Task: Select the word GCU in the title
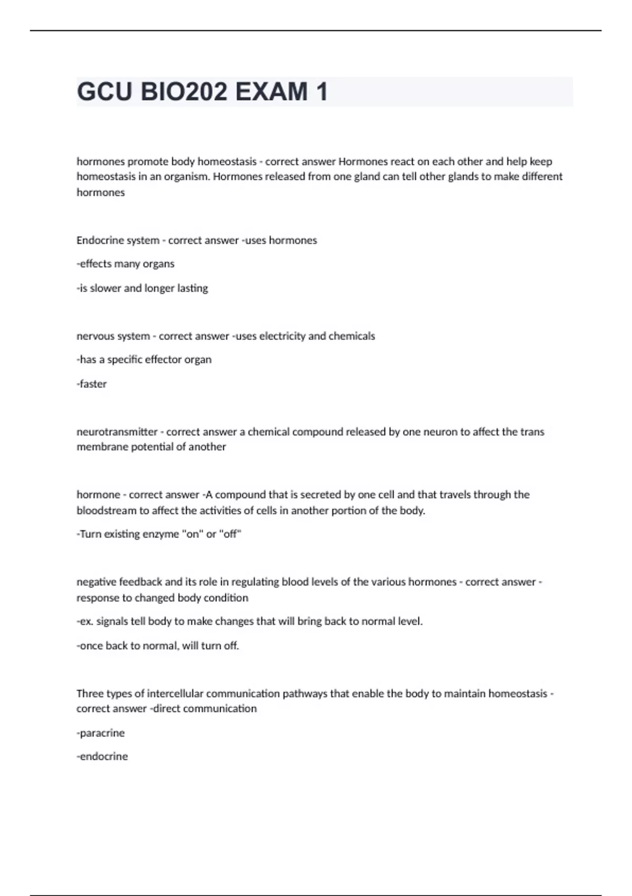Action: coord(104,92)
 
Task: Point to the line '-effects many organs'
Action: coord(125,264)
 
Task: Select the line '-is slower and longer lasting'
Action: coord(142,288)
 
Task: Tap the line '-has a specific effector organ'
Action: coord(144,359)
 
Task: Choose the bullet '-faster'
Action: coord(92,384)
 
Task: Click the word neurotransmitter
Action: coord(117,432)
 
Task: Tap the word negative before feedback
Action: coord(96,582)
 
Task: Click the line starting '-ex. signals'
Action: coord(249,621)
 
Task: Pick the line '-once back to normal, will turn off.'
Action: coord(157,645)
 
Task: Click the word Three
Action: coord(90,693)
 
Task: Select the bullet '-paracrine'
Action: coord(101,733)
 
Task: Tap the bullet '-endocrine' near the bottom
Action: coord(102,756)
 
